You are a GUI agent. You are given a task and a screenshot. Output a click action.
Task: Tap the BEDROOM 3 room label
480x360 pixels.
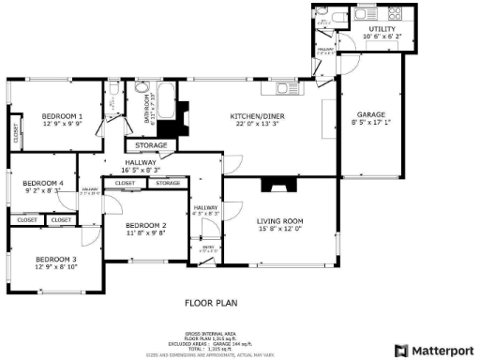56,259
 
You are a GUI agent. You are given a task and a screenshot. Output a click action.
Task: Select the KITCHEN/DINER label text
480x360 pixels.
258,116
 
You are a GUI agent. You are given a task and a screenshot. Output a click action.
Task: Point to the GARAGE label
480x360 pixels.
366,113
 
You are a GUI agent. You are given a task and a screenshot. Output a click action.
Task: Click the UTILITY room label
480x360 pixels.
382,29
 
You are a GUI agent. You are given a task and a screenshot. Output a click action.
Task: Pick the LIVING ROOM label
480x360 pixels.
280,221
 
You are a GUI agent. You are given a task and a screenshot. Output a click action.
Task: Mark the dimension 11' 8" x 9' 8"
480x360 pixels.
145,234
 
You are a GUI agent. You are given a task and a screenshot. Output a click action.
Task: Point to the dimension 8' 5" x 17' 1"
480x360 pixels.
366,122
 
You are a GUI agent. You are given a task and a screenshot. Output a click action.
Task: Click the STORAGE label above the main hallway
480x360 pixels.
151,145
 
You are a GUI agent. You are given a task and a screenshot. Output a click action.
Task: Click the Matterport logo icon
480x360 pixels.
402,350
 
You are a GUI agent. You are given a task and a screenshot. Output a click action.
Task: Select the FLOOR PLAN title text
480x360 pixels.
211,303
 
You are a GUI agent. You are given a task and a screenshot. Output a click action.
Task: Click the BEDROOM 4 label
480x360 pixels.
42,183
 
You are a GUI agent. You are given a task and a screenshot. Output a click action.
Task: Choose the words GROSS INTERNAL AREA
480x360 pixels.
211,333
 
